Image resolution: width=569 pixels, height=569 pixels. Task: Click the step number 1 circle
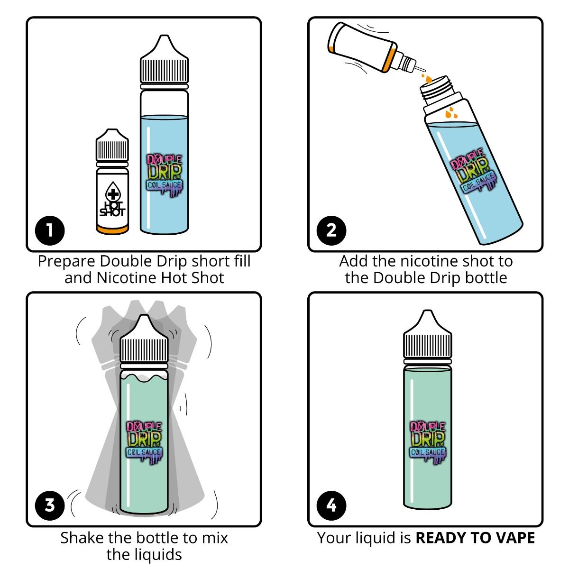[50, 231]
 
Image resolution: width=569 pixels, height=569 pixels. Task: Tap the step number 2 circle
[331, 231]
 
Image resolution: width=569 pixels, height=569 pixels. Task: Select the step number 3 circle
[50, 505]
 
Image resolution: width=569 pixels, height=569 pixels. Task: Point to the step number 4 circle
[331, 505]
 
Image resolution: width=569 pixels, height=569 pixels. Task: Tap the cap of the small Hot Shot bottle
[112, 145]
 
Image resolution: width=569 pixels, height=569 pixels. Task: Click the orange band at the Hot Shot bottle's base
[112, 230]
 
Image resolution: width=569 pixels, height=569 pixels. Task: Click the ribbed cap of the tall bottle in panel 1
[164, 66]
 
